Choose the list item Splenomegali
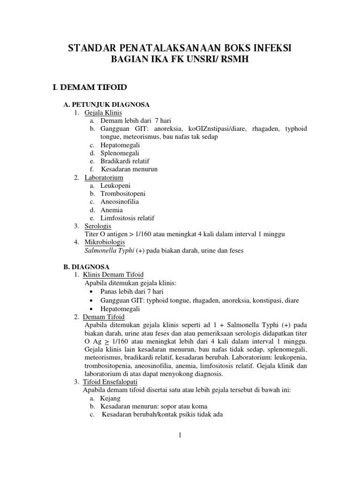120,153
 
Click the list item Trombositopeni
123,193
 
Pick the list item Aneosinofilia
120,202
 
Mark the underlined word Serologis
98,225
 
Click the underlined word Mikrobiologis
105,242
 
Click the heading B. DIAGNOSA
86,266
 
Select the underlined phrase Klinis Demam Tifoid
114,274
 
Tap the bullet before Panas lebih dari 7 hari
90,292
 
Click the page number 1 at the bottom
180,435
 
